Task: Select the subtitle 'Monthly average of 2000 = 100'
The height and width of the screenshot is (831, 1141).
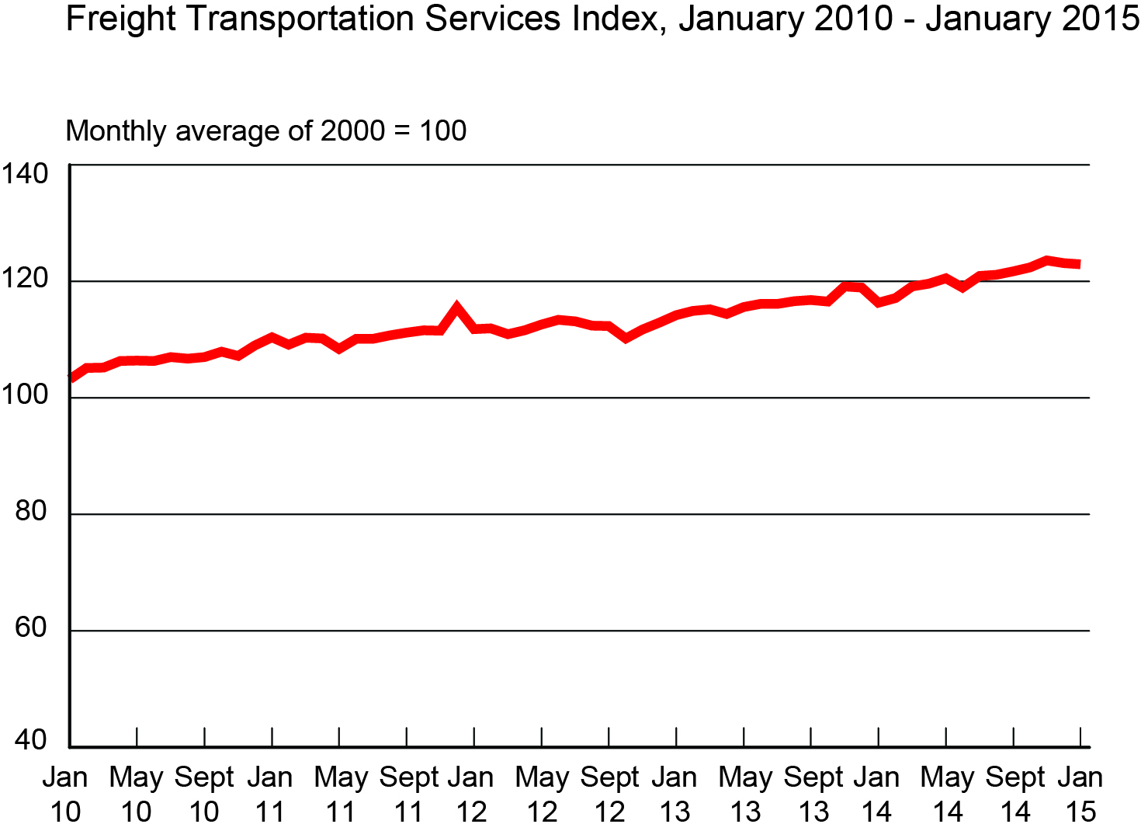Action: (266, 130)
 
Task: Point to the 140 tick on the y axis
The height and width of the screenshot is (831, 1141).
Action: (25, 173)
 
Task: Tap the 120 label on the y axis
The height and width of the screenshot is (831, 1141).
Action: (25, 278)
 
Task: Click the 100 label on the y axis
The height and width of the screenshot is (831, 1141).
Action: (25, 395)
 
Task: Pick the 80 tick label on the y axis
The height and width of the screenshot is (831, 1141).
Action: (31, 511)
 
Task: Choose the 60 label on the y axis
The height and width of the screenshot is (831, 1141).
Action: (31, 628)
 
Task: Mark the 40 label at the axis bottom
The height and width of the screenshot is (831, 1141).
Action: (31, 740)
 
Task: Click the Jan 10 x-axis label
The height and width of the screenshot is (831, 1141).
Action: (65, 794)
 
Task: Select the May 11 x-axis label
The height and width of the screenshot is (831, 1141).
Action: (340, 794)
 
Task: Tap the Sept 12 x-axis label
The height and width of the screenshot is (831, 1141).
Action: (609, 794)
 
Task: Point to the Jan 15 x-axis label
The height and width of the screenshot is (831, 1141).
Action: (1080, 794)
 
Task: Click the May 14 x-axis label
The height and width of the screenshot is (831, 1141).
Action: (947, 794)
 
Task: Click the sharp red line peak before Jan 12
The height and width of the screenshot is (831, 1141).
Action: (456, 308)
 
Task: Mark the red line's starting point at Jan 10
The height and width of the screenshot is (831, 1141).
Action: (71, 378)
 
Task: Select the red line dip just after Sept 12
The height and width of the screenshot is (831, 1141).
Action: (626, 338)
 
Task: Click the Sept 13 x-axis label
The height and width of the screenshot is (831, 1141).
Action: (813, 794)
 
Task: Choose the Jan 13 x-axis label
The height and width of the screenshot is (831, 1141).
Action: (675, 794)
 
